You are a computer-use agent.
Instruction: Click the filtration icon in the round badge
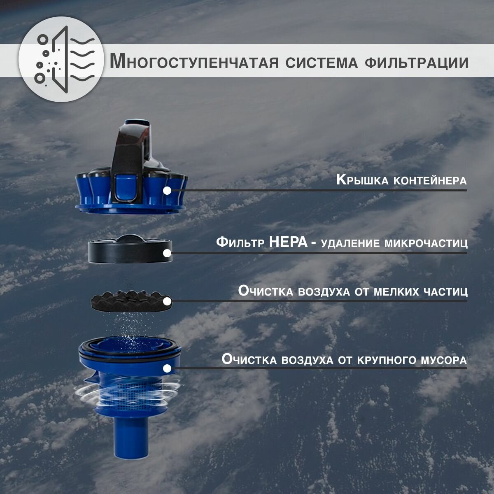pyautogui.click(x=65, y=59)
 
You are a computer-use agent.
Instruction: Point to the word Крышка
pyautogui.click(x=362, y=180)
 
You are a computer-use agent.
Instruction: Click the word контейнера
pyautogui.click(x=430, y=181)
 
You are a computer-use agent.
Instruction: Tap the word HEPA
pyautogui.click(x=288, y=242)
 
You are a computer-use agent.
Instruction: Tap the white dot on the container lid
pyautogui.click(x=167, y=191)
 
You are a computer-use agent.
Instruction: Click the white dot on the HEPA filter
pyautogui.click(x=167, y=253)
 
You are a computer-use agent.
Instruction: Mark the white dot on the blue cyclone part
pyautogui.click(x=167, y=368)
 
